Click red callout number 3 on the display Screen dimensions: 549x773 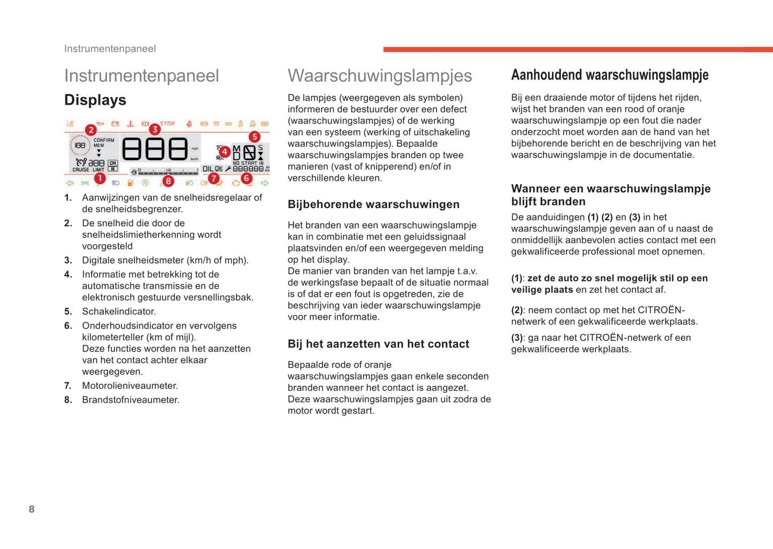[x=155, y=129]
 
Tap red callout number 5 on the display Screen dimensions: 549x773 [x=254, y=137]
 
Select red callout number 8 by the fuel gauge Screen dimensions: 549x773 [x=168, y=181]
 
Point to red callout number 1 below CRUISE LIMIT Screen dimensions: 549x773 [x=100, y=178]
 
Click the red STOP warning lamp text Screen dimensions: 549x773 [x=167, y=124]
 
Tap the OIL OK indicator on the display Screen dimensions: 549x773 [x=212, y=169]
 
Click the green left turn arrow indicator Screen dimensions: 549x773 [x=70, y=183]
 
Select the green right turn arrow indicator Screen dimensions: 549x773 [x=264, y=183]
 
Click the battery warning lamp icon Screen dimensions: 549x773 [x=115, y=124]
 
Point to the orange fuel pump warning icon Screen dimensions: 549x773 [x=131, y=183]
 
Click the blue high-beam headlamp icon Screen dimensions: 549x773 [x=116, y=183]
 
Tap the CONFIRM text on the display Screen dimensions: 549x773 [x=104, y=140]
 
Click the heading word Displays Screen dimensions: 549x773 [x=95, y=100]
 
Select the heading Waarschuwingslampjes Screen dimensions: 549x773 [x=380, y=75]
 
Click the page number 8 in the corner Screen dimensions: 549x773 [x=32, y=509]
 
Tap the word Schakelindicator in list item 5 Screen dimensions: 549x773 [x=118, y=311]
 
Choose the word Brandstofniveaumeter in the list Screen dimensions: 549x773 [x=131, y=400]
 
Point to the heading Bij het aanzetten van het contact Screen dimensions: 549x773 [x=378, y=344]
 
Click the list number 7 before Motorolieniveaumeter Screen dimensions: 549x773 [x=68, y=386]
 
